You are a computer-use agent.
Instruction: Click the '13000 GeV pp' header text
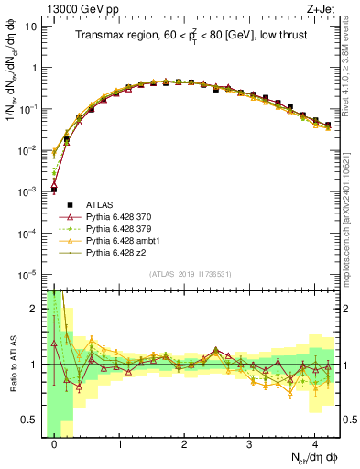coord(77,8)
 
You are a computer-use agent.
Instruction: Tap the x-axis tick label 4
coord(315,442)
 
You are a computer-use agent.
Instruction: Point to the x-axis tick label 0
coord(55,442)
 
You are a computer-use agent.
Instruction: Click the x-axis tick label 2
coord(185,442)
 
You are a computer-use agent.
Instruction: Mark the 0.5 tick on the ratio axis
coord(30,420)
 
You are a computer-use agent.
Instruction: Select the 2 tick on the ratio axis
coord(34,309)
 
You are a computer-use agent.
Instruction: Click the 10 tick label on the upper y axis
coord(30,27)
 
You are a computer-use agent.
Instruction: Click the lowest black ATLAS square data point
coord(54,190)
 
